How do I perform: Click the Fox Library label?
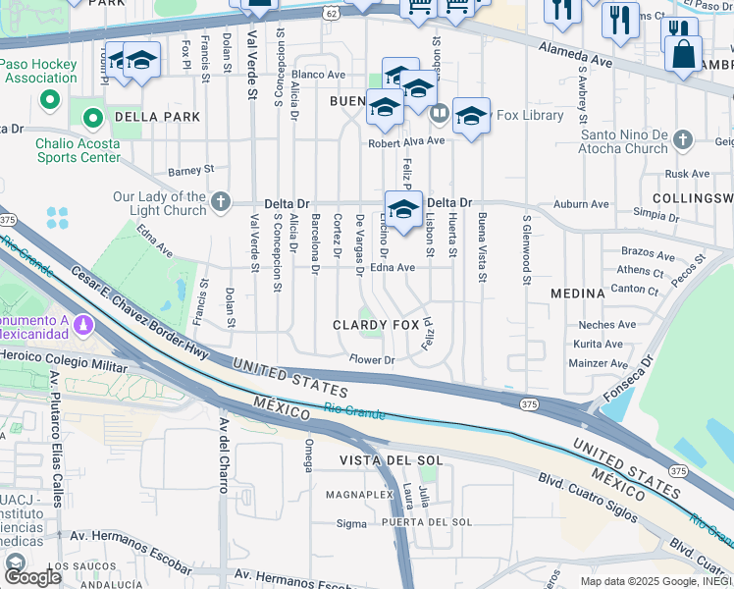coord(529,115)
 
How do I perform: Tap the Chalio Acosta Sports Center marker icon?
coord(93,120)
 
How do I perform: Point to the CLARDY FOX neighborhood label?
coord(376,325)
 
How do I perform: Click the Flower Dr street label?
coord(372,360)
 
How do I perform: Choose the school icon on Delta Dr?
coord(402,209)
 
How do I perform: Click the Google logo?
coord(31,577)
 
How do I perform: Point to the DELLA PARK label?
coord(157,117)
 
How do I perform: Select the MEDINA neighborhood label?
coord(577,294)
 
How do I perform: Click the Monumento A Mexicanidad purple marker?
coord(83,323)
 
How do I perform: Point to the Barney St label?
coord(190,169)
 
